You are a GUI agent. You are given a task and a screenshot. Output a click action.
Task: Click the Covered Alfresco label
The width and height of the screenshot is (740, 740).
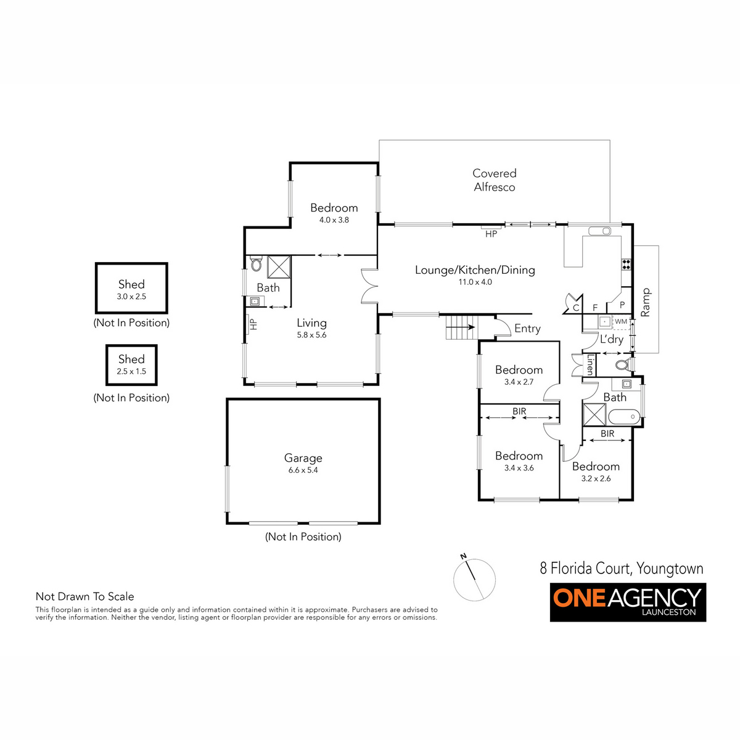click(494, 180)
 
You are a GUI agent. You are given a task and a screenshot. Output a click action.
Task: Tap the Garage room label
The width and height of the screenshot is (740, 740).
click(303, 458)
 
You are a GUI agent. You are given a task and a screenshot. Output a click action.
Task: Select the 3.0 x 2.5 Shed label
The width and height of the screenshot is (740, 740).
click(131, 284)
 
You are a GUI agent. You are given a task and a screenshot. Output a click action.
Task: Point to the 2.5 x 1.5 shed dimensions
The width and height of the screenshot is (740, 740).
click(131, 371)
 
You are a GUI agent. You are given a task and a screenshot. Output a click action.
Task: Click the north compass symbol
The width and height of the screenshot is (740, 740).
click(474, 579)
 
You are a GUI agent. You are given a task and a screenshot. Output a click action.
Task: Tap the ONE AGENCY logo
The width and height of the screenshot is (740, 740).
click(628, 602)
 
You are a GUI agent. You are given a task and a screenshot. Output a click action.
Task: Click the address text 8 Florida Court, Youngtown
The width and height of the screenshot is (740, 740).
click(622, 569)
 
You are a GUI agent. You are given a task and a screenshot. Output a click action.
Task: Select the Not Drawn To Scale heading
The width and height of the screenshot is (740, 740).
click(85, 596)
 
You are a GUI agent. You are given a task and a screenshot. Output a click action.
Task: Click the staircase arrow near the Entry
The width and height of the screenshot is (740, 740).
click(461, 327)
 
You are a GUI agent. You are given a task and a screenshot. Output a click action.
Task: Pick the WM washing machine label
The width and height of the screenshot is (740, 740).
click(621, 321)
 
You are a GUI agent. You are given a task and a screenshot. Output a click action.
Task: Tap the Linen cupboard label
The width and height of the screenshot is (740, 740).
click(590, 365)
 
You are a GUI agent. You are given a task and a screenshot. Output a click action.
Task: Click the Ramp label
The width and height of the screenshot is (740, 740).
click(646, 303)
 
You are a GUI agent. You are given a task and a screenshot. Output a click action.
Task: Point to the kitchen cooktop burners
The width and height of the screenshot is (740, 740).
click(627, 264)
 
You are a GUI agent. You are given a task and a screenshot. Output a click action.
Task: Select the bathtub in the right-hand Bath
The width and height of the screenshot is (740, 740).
click(624, 417)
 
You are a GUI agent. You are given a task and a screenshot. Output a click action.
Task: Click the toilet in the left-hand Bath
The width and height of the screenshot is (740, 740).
click(256, 263)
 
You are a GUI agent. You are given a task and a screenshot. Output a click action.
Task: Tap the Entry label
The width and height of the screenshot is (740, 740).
click(527, 329)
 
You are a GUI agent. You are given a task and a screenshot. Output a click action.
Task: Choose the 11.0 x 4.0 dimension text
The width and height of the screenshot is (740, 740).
click(475, 282)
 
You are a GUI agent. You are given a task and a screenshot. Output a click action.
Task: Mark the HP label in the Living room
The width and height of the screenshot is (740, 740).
click(253, 324)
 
